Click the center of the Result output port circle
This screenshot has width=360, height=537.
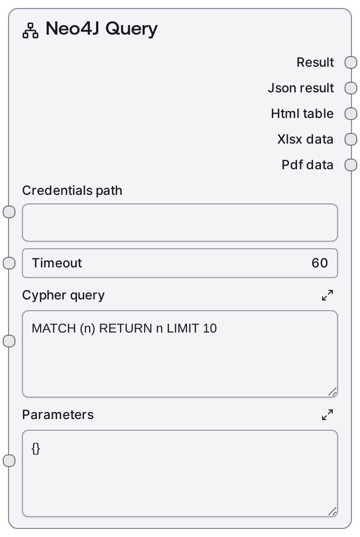click(x=351, y=62)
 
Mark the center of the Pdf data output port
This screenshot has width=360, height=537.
click(x=351, y=165)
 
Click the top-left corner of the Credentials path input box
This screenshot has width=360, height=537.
click(x=22, y=204)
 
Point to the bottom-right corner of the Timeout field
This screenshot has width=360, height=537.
click(x=338, y=278)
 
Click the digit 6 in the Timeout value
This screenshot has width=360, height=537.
click(x=316, y=263)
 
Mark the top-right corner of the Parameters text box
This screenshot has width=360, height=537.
click(x=338, y=430)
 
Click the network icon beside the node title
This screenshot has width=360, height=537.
click(x=30, y=30)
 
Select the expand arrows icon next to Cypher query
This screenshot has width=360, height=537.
click(x=327, y=295)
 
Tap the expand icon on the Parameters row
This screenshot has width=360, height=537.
click(x=327, y=415)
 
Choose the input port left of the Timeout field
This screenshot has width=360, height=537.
click(x=9, y=263)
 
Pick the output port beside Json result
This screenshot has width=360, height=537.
click(x=351, y=88)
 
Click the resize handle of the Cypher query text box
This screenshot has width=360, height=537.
click(x=333, y=392)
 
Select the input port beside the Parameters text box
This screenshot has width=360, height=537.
click(x=9, y=461)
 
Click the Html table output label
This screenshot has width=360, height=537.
click(x=302, y=114)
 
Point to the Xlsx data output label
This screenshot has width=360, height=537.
click(x=305, y=139)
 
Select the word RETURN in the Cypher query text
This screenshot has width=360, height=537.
click(x=126, y=328)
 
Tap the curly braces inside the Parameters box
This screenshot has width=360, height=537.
click(x=36, y=448)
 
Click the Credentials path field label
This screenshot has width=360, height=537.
click(x=72, y=191)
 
